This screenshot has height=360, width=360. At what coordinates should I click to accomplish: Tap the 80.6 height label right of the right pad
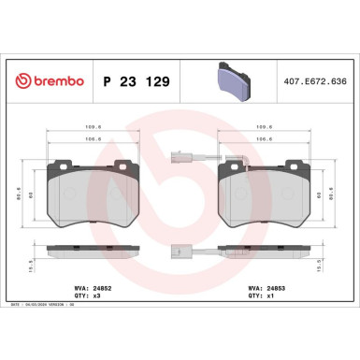tap(334, 194)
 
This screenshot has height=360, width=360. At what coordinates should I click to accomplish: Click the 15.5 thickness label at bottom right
tap(334, 265)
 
